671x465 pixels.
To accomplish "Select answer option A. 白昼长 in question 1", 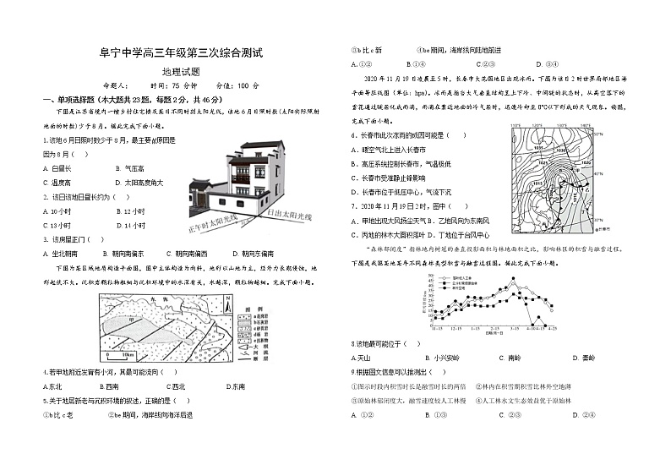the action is pos(57,169).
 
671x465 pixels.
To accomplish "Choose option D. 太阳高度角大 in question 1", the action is pos(137,182).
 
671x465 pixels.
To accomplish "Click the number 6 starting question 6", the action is pos(353,135).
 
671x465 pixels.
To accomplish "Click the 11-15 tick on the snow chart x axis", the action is pos(437,326).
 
